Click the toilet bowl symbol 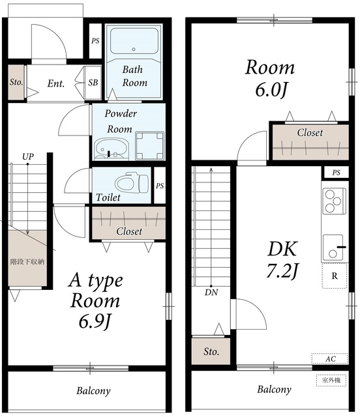point(132,182)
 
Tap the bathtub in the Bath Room point(134,40)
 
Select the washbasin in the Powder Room point(112,149)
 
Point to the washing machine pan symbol point(149,146)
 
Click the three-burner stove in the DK point(335,201)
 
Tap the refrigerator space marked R point(335,276)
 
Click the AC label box point(330,359)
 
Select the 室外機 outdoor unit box point(331,380)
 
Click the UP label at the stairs point(28,156)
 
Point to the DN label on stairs point(211,293)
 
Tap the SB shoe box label point(93,83)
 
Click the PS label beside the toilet point(160,186)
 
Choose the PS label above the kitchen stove point(337,173)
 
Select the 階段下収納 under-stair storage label point(27,262)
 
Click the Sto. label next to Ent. point(16,82)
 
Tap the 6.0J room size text point(271,91)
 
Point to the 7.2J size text point(282,271)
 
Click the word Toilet point(108,197)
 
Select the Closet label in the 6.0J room point(310,132)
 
